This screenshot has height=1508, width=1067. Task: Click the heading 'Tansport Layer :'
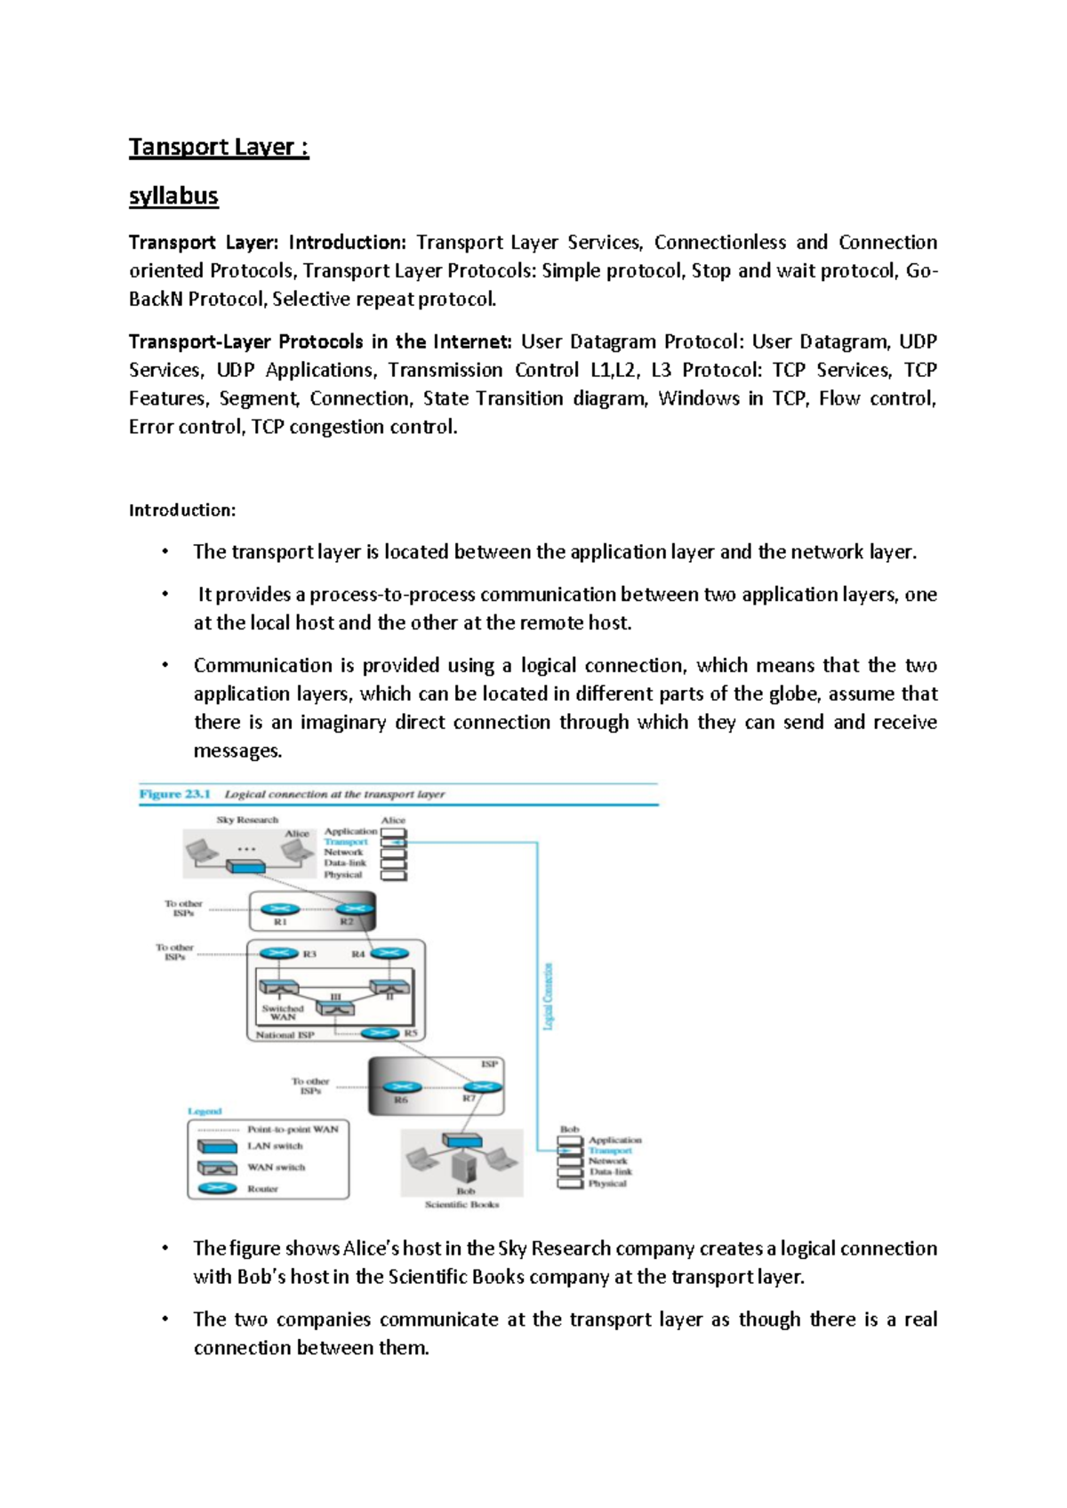pyautogui.click(x=219, y=148)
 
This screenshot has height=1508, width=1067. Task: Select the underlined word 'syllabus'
pyautogui.click(x=173, y=197)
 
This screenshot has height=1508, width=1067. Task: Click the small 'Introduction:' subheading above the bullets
pyautogui.click(x=182, y=510)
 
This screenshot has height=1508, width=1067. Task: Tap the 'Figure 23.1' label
pyautogui.click(x=174, y=794)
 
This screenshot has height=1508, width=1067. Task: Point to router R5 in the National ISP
pyautogui.click(x=380, y=1033)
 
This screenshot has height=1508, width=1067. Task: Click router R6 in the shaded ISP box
pyautogui.click(x=402, y=1087)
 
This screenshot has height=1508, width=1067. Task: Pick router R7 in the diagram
pyautogui.click(x=483, y=1087)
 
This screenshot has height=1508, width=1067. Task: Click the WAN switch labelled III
pyautogui.click(x=335, y=1008)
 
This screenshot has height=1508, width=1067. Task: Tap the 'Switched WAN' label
pyautogui.click(x=283, y=1013)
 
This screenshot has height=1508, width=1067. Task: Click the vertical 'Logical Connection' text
pyautogui.click(x=548, y=996)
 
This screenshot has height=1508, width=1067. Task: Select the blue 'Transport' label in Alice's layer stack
pyautogui.click(x=346, y=842)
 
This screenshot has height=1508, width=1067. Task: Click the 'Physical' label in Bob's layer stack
pyautogui.click(x=607, y=1184)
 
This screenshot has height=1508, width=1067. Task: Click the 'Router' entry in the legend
pyautogui.click(x=262, y=1189)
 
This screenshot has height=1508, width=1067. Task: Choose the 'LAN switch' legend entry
pyautogui.click(x=275, y=1146)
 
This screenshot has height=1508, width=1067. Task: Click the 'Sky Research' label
pyautogui.click(x=247, y=820)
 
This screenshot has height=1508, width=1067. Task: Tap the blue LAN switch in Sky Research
pyautogui.click(x=245, y=867)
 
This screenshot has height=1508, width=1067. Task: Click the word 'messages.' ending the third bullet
pyautogui.click(x=237, y=751)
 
